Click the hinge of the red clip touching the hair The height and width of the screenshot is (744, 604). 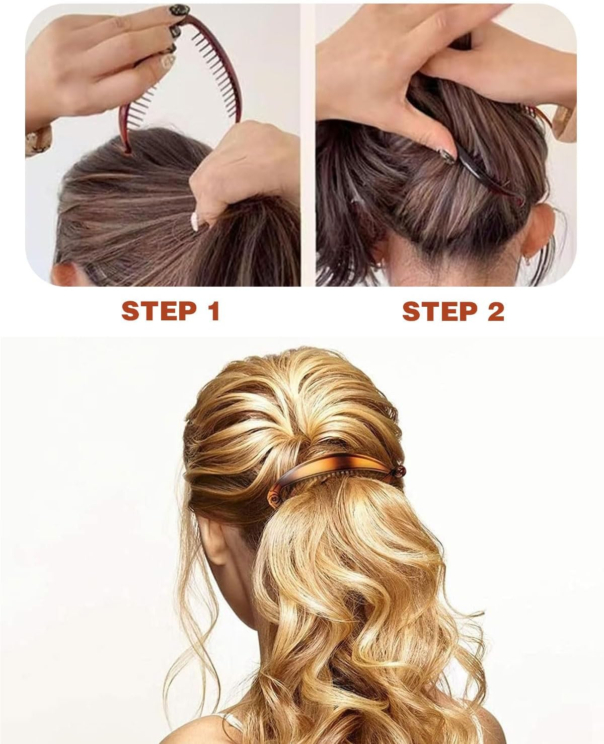[x=126, y=149]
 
